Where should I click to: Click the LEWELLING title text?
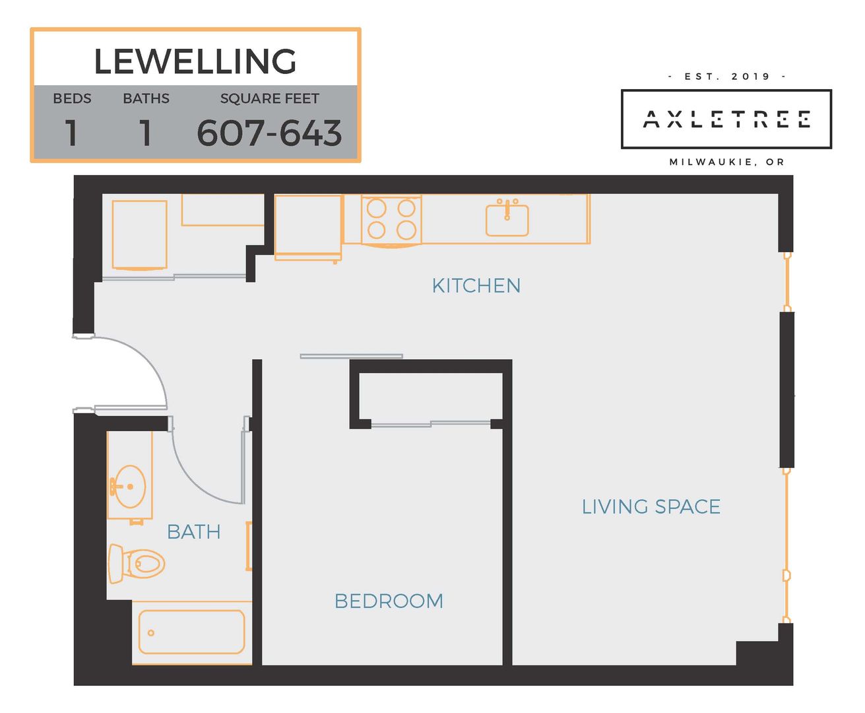click(x=195, y=61)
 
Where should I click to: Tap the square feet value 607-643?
click(x=269, y=133)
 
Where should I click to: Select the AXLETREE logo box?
click(x=726, y=119)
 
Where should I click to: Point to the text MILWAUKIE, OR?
click(x=727, y=162)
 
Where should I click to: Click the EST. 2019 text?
click(x=727, y=77)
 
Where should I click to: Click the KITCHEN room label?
click(x=476, y=286)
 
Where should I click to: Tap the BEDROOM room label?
click(x=389, y=601)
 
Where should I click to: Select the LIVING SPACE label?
click(x=651, y=506)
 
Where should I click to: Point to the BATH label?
click(x=194, y=532)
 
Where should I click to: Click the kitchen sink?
click(x=507, y=218)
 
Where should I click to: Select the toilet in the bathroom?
click(x=137, y=564)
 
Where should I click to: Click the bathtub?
click(x=191, y=632)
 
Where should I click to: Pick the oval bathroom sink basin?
click(x=130, y=487)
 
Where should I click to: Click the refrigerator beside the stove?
click(x=308, y=227)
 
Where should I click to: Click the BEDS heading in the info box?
click(x=72, y=98)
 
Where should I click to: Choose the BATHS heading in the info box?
click(x=146, y=98)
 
